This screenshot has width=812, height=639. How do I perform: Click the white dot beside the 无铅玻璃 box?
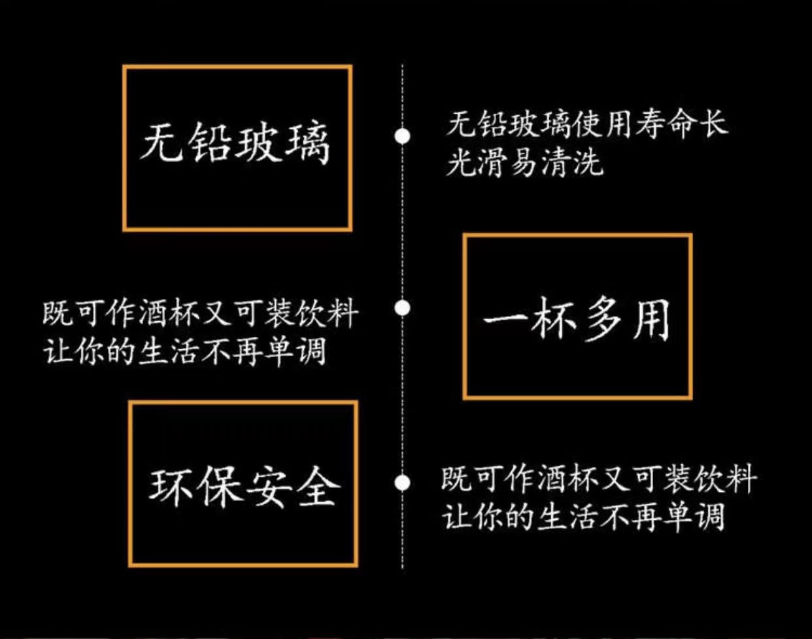click(403, 136)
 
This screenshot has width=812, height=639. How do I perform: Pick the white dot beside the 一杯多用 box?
click(403, 307)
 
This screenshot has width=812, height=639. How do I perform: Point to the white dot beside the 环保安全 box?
click(403, 483)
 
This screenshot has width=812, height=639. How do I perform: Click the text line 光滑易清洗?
click(524, 163)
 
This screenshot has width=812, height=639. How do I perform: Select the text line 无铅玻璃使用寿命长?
click(586, 124)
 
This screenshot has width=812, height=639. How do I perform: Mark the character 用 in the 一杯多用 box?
click(651, 320)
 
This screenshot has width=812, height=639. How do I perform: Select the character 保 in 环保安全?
click(219, 487)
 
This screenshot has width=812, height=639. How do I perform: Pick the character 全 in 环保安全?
click(317, 487)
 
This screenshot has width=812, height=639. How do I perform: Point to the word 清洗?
click(571, 163)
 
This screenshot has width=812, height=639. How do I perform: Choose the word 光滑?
click(477, 163)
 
